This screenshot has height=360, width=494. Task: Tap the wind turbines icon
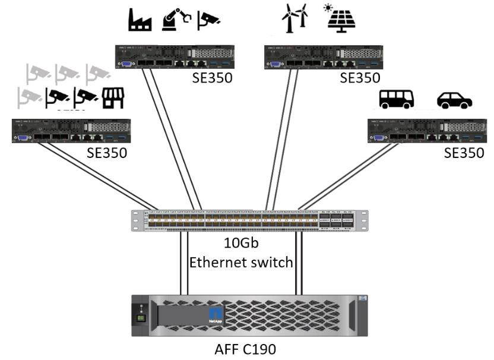pos(294,19)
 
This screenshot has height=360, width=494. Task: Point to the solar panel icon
pos(342,19)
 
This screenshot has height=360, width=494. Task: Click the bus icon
pos(397,99)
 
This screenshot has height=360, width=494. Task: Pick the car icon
pos(454,100)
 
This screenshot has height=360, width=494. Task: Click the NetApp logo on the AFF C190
pos(216,315)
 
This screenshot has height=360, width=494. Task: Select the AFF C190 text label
pos(245,349)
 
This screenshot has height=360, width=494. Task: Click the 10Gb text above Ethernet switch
pos(242,243)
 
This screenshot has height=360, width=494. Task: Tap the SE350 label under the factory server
pos(212,78)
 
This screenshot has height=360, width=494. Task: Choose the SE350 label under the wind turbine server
pos(360,78)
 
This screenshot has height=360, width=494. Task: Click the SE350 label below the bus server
pos(464,153)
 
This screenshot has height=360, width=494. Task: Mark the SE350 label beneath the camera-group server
pos(107,153)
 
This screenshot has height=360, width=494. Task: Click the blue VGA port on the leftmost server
pos(23,138)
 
